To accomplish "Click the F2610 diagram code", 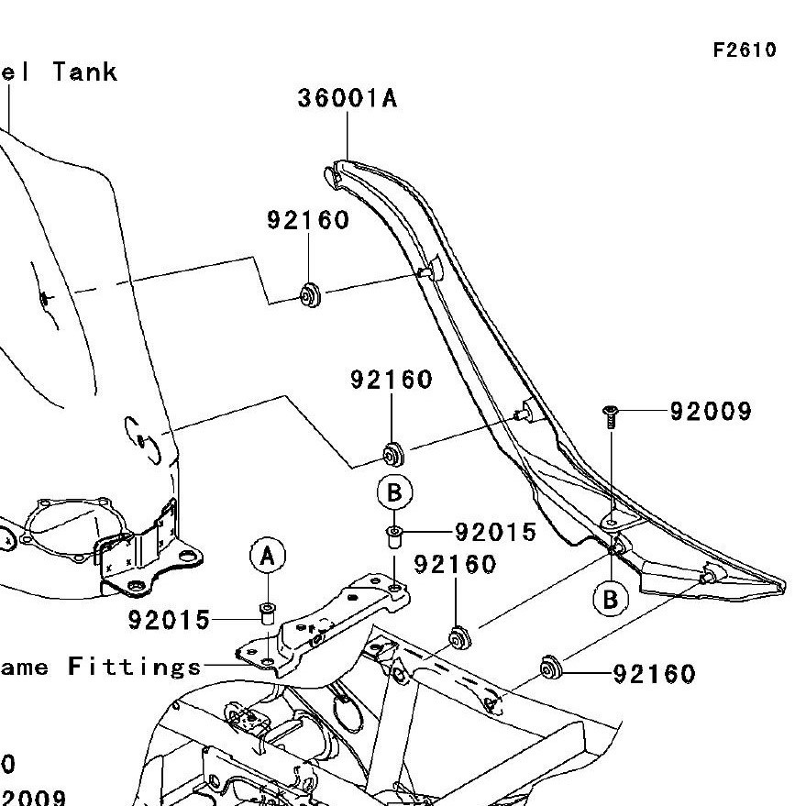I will coord(744,50).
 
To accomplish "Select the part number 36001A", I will coord(348,98).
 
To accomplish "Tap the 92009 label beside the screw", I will coord(711,411).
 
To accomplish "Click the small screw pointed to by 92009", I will coord(610,415).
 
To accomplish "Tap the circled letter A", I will coord(268,556).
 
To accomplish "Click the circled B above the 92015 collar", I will coord(394,493).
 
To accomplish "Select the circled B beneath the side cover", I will coord(610,600).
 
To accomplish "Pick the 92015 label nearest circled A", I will coord(169,621).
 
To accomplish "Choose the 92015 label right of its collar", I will coord(496,532).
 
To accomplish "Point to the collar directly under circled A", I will coord(268,612).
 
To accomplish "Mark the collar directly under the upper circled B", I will coord(394,535).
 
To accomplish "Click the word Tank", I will coord(85,72).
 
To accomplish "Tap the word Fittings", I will coord(135,667).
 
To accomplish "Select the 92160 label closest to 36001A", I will coord(308,220).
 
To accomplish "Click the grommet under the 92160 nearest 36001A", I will coord(310,295).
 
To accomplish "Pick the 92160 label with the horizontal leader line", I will coord(654,675).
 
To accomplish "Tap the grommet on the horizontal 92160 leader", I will coord(551,668).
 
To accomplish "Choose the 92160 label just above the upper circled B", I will coord(392,380).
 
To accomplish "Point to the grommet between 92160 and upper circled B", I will coord(394,453).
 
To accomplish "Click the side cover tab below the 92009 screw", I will coord(611,522).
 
